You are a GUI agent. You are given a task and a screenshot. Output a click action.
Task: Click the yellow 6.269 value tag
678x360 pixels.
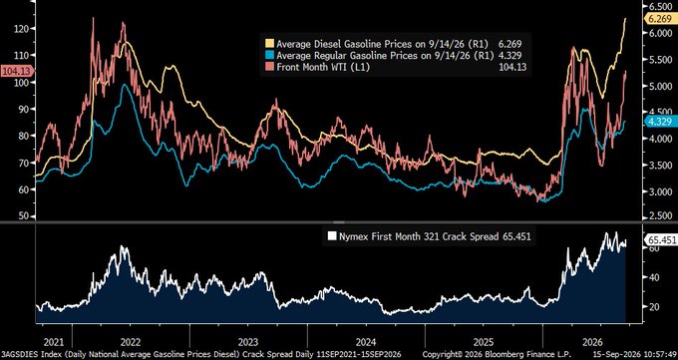point(659,19)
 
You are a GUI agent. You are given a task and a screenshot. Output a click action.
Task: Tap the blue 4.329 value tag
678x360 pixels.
point(659,122)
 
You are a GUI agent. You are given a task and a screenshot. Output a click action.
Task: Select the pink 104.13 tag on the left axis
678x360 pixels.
point(17,70)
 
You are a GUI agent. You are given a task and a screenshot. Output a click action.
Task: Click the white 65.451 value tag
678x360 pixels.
point(660,240)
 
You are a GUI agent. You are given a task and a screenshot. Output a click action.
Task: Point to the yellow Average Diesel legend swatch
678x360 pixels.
point(270,44)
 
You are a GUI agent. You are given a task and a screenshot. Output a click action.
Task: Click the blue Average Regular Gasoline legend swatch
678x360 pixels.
point(270,56)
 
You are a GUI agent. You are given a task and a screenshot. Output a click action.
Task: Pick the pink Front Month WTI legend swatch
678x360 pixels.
point(270,67)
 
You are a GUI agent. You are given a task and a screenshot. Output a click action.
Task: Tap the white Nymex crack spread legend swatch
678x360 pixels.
point(332,236)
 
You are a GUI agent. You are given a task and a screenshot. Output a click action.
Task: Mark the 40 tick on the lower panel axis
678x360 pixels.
point(655,277)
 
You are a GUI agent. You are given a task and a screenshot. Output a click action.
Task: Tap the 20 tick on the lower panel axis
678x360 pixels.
point(655,307)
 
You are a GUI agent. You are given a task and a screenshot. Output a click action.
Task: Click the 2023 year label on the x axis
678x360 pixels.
point(248,342)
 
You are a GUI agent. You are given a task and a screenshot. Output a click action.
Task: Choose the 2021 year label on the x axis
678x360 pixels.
point(55,342)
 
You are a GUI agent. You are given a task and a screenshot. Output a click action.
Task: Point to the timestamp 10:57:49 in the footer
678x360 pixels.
point(661,353)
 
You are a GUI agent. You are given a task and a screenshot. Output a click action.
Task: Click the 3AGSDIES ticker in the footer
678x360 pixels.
point(18,353)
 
